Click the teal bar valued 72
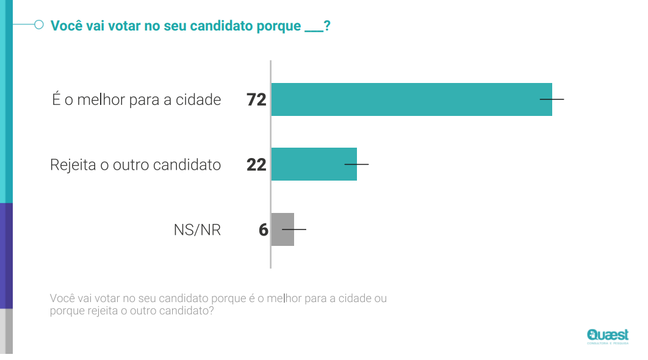[411, 99]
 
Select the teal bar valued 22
[314, 164]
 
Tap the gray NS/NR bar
[283, 229]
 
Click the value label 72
[256, 100]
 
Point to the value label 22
[256, 165]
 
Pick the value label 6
[263, 230]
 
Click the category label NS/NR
[197, 230]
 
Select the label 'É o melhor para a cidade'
[136, 99]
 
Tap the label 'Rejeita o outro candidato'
[135, 165]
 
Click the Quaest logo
[607, 336]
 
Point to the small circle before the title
[38, 25]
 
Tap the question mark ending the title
[327, 26]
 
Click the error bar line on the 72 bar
[552, 99]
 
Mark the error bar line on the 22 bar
[357, 164]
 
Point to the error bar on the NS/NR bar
[294, 229]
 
